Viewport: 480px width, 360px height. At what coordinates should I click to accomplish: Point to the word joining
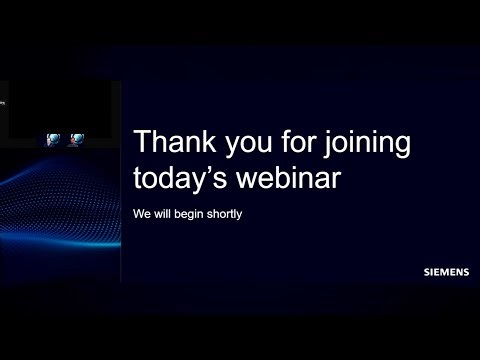[366, 146]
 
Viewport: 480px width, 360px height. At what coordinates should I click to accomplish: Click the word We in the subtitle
[141, 214]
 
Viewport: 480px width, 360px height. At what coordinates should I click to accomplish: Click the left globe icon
[54, 140]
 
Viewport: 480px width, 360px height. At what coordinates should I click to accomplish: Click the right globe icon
[77, 140]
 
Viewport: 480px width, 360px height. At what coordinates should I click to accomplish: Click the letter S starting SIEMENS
[427, 270]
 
